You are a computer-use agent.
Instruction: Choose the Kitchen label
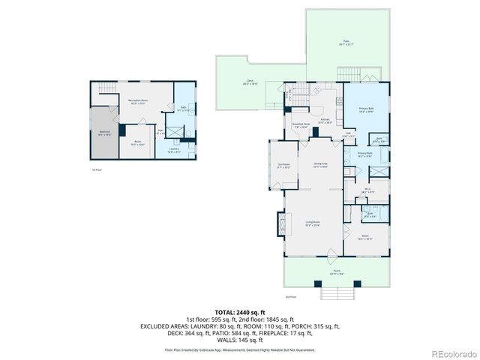(x=325, y=120)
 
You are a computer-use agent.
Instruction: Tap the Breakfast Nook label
(x=300, y=127)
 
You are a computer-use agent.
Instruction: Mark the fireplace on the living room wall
(x=283, y=223)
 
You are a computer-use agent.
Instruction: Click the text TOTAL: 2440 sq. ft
(x=240, y=311)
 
